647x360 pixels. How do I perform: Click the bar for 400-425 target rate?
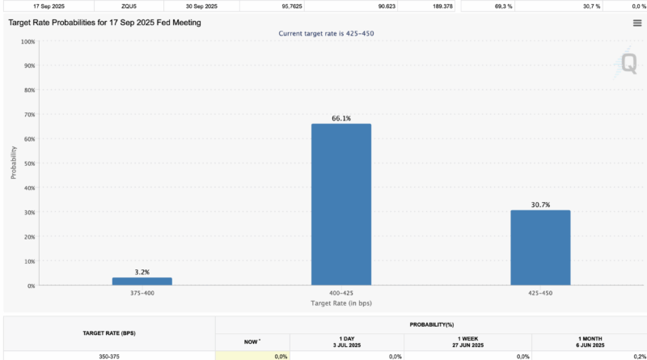tap(341, 204)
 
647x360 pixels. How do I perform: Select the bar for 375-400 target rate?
tap(142, 282)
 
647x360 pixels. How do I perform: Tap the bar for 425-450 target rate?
tap(540, 248)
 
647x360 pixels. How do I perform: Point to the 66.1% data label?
tap(341, 119)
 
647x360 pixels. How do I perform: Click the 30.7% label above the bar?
tap(540, 205)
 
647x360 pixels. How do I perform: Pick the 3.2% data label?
tap(142, 273)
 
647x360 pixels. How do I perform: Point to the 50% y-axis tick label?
tap(28, 163)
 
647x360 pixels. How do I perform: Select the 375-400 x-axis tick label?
tap(142, 293)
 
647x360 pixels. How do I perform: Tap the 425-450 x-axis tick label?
tap(540, 293)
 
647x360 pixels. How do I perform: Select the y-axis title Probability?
tap(14, 163)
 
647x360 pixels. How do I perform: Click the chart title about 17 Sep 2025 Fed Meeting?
tap(104, 23)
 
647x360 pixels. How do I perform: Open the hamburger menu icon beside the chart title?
tap(637, 23)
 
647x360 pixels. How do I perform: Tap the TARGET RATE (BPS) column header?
tap(109, 332)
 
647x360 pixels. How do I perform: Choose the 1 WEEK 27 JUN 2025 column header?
tap(467, 341)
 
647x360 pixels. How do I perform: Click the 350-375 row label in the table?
tap(109, 356)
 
